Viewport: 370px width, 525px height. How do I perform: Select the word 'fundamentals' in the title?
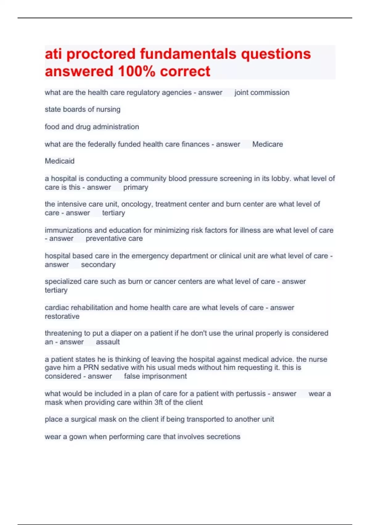point(188,54)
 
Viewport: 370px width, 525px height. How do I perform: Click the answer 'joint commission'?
point(262,93)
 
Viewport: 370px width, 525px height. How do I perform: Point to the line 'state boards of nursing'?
point(83,109)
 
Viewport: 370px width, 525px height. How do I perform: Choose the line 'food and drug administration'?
point(92,127)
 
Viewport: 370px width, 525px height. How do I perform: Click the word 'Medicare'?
point(267,144)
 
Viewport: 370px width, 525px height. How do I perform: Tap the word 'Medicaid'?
point(60,161)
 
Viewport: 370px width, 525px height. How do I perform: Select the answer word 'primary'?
point(136,187)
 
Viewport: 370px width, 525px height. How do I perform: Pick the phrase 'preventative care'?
point(114,239)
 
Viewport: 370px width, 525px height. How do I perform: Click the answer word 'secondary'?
point(98,265)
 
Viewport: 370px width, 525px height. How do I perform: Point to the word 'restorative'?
point(62,317)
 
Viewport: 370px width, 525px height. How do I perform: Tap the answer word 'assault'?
point(108,342)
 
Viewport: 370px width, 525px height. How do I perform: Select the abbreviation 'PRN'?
point(91,368)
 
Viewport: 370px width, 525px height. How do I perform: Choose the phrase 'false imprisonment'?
point(155,376)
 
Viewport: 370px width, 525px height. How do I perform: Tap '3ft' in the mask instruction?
point(158,403)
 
